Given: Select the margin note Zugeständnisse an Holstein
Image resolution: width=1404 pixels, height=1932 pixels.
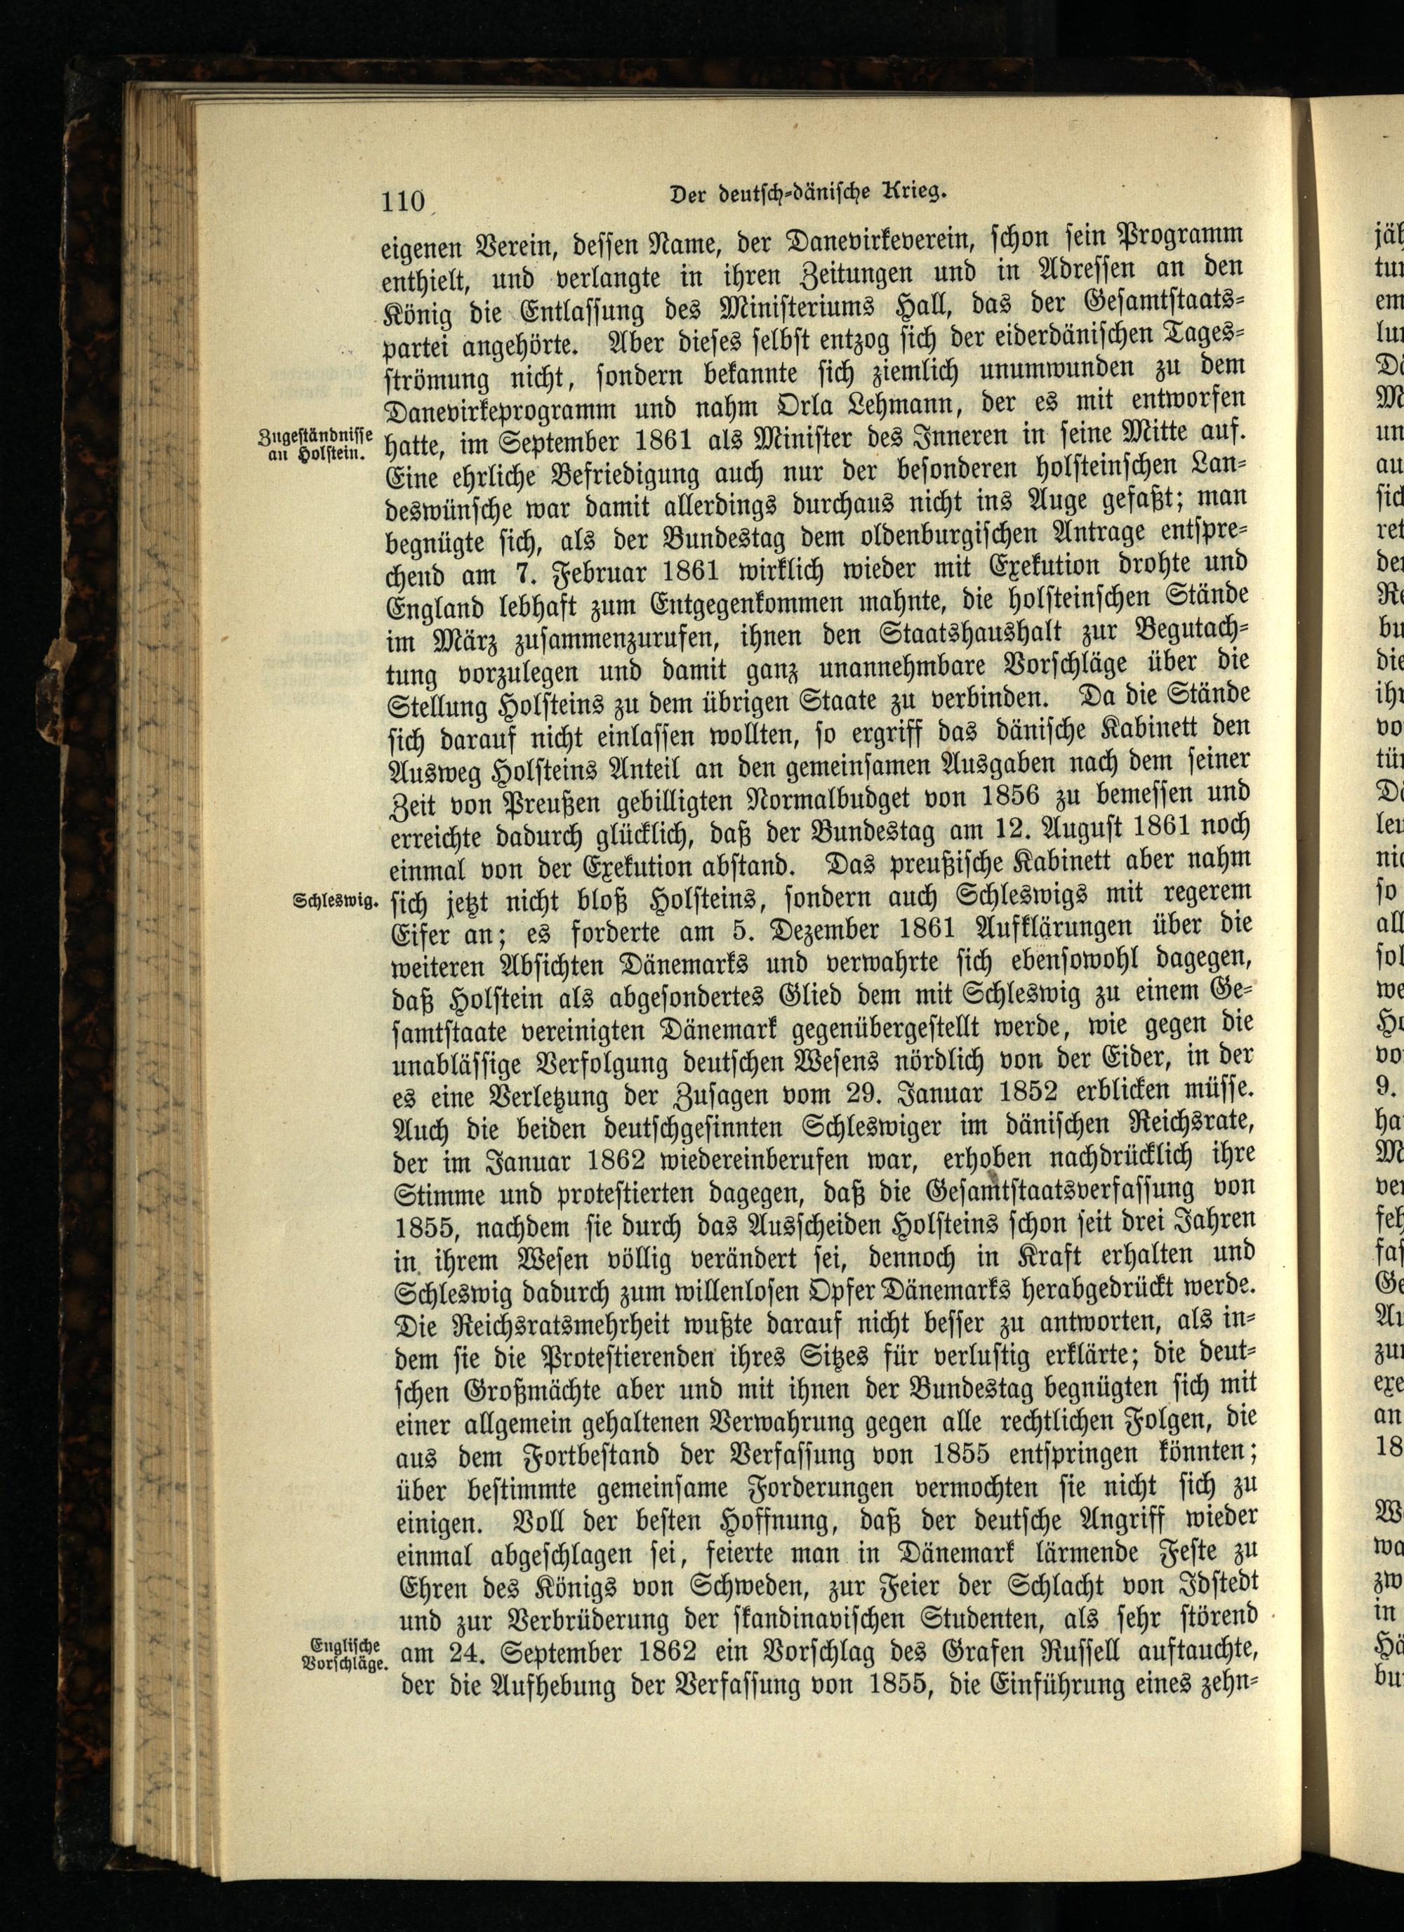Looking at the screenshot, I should [x=314, y=443].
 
